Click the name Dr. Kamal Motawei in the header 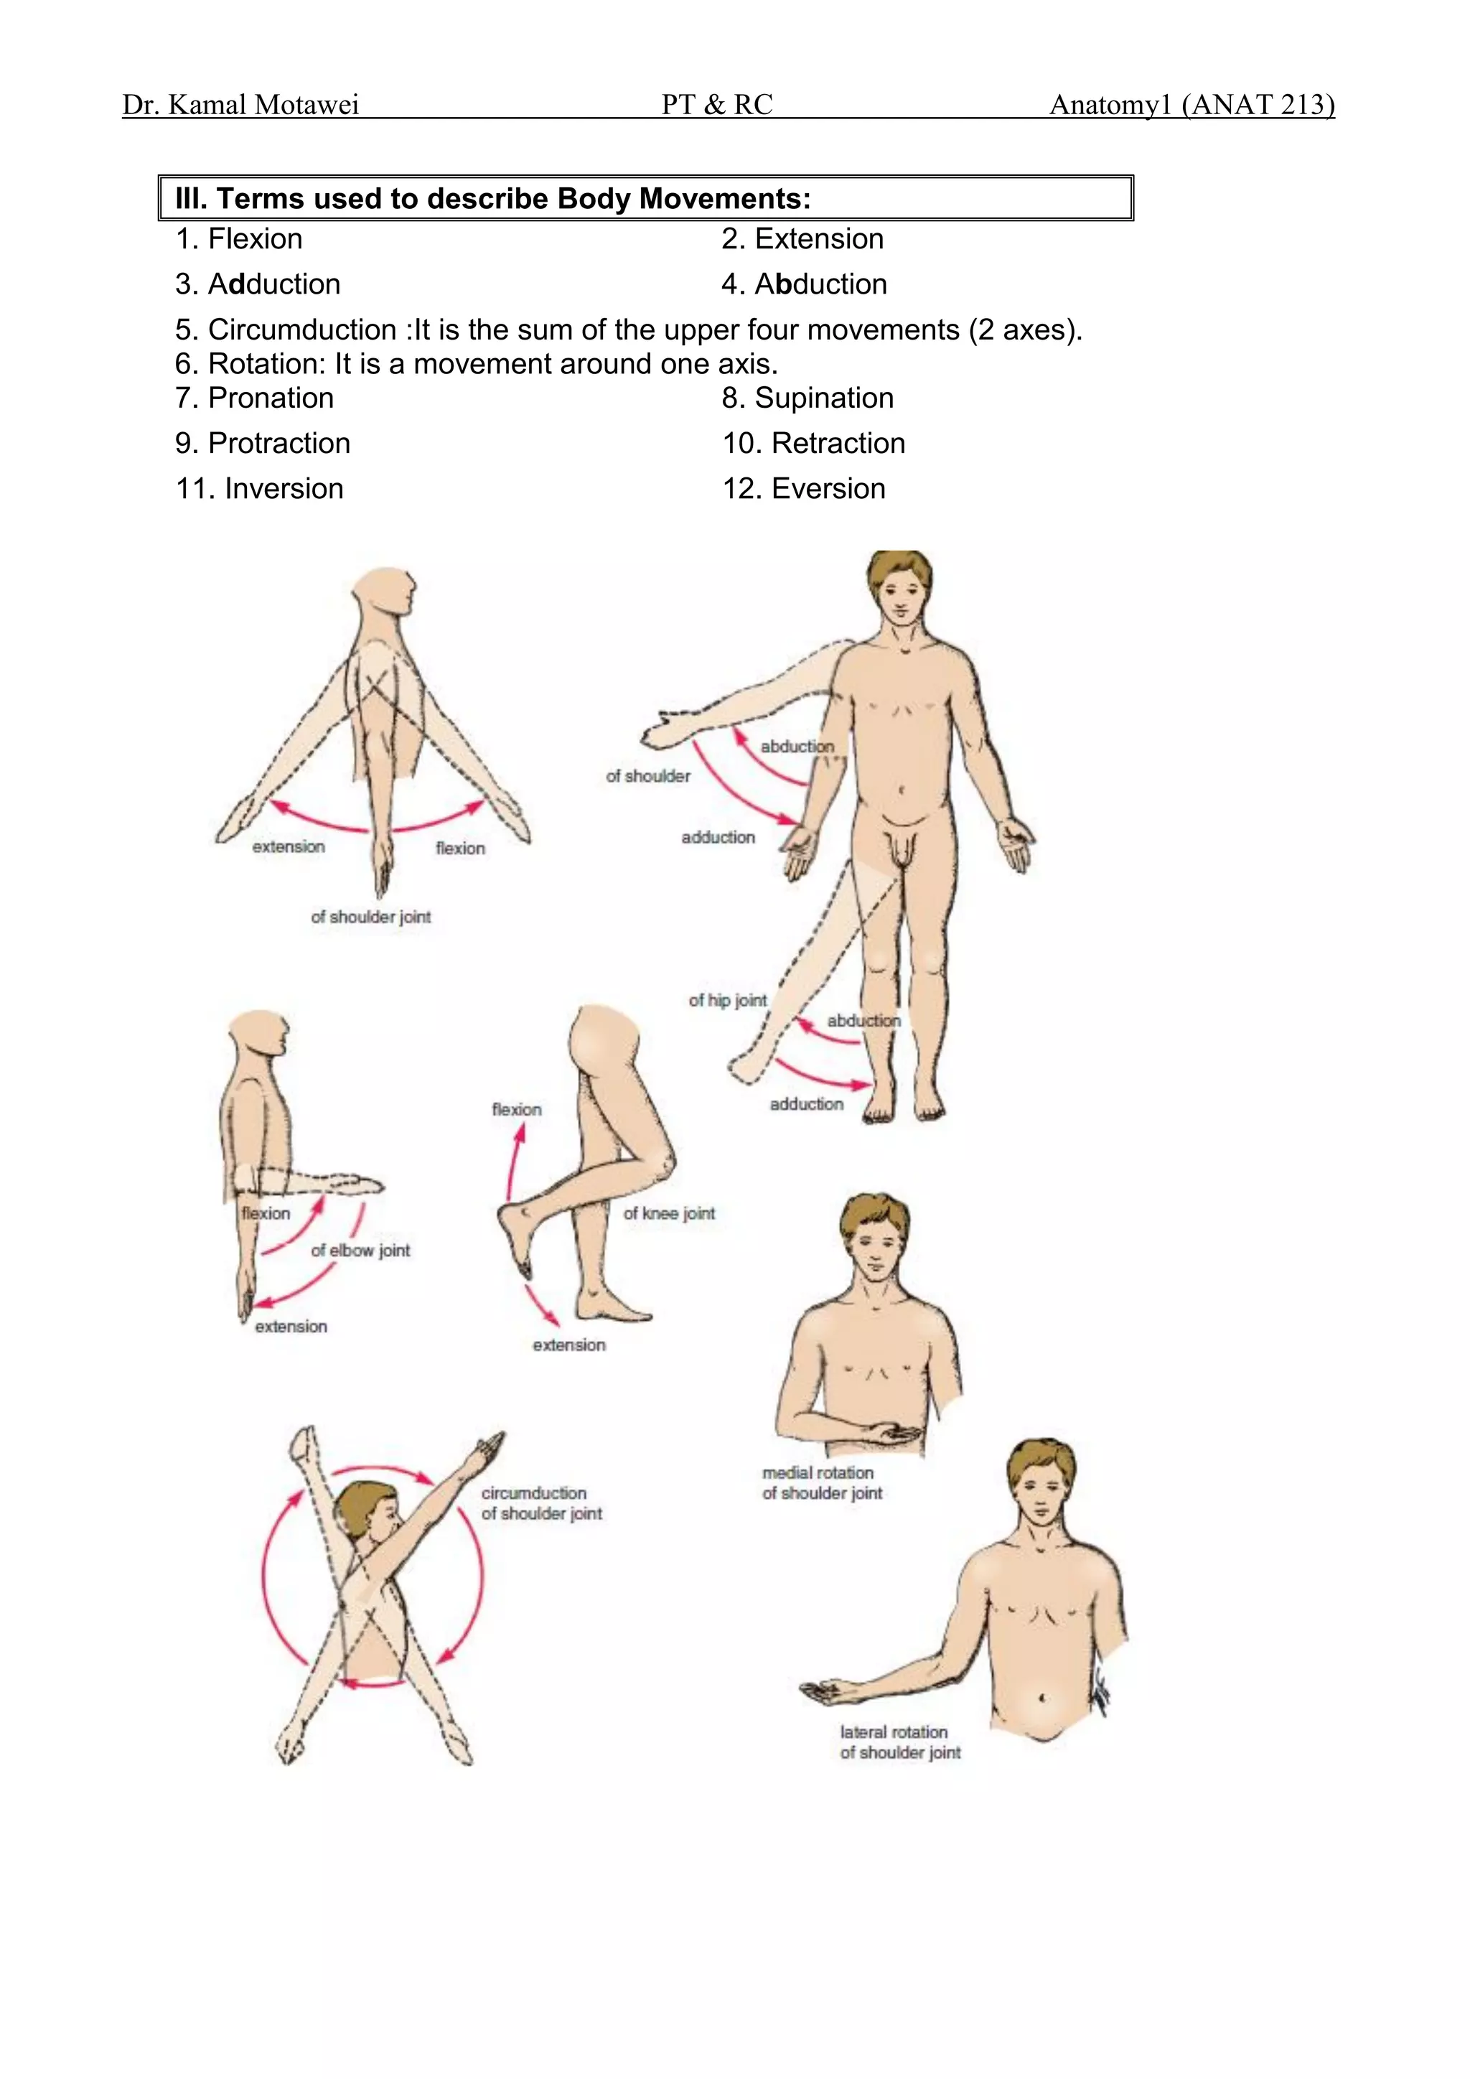click(240, 105)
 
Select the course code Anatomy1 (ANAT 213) click(1192, 105)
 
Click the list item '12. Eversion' click(803, 489)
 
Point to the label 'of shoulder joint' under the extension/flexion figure click(370, 917)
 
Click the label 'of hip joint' click(727, 1001)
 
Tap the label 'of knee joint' click(669, 1213)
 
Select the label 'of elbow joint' click(360, 1251)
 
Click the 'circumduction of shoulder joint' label click(540, 1503)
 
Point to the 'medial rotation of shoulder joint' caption click(821, 1483)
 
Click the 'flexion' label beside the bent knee click(516, 1110)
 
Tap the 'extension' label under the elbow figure click(291, 1327)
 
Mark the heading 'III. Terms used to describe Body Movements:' click(492, 198)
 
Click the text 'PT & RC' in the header click(717, 105)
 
